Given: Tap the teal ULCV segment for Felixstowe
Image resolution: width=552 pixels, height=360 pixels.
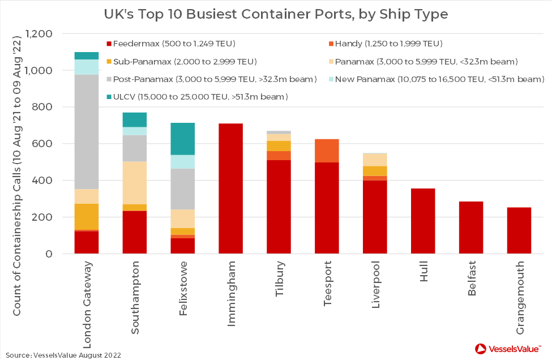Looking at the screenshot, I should pos(182,139).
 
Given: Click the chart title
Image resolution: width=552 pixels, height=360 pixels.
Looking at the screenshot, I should pos(276,13).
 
